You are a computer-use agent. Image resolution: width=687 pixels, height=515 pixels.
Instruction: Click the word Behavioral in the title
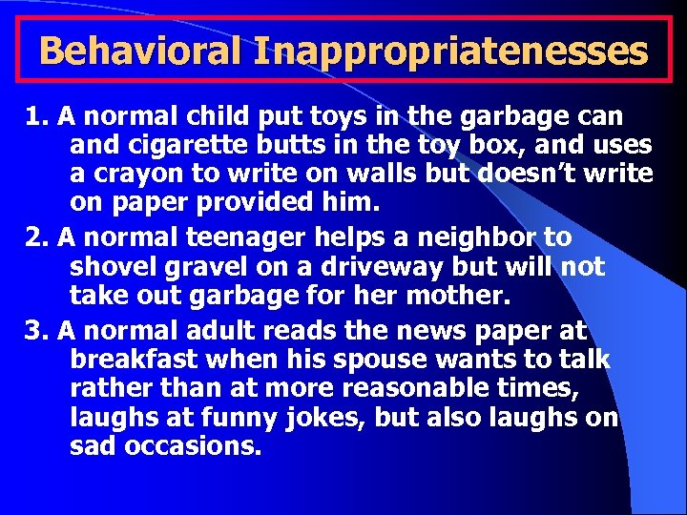tap(140, 50)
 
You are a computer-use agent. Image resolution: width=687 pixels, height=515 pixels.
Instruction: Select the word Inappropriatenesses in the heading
tap(450, 50)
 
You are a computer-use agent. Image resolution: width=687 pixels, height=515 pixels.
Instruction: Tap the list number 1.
tap(37, 117)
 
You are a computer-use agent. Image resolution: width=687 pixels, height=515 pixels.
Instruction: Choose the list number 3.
tap(37, 331)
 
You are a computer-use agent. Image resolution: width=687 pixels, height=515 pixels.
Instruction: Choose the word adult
tap(230, 331)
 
